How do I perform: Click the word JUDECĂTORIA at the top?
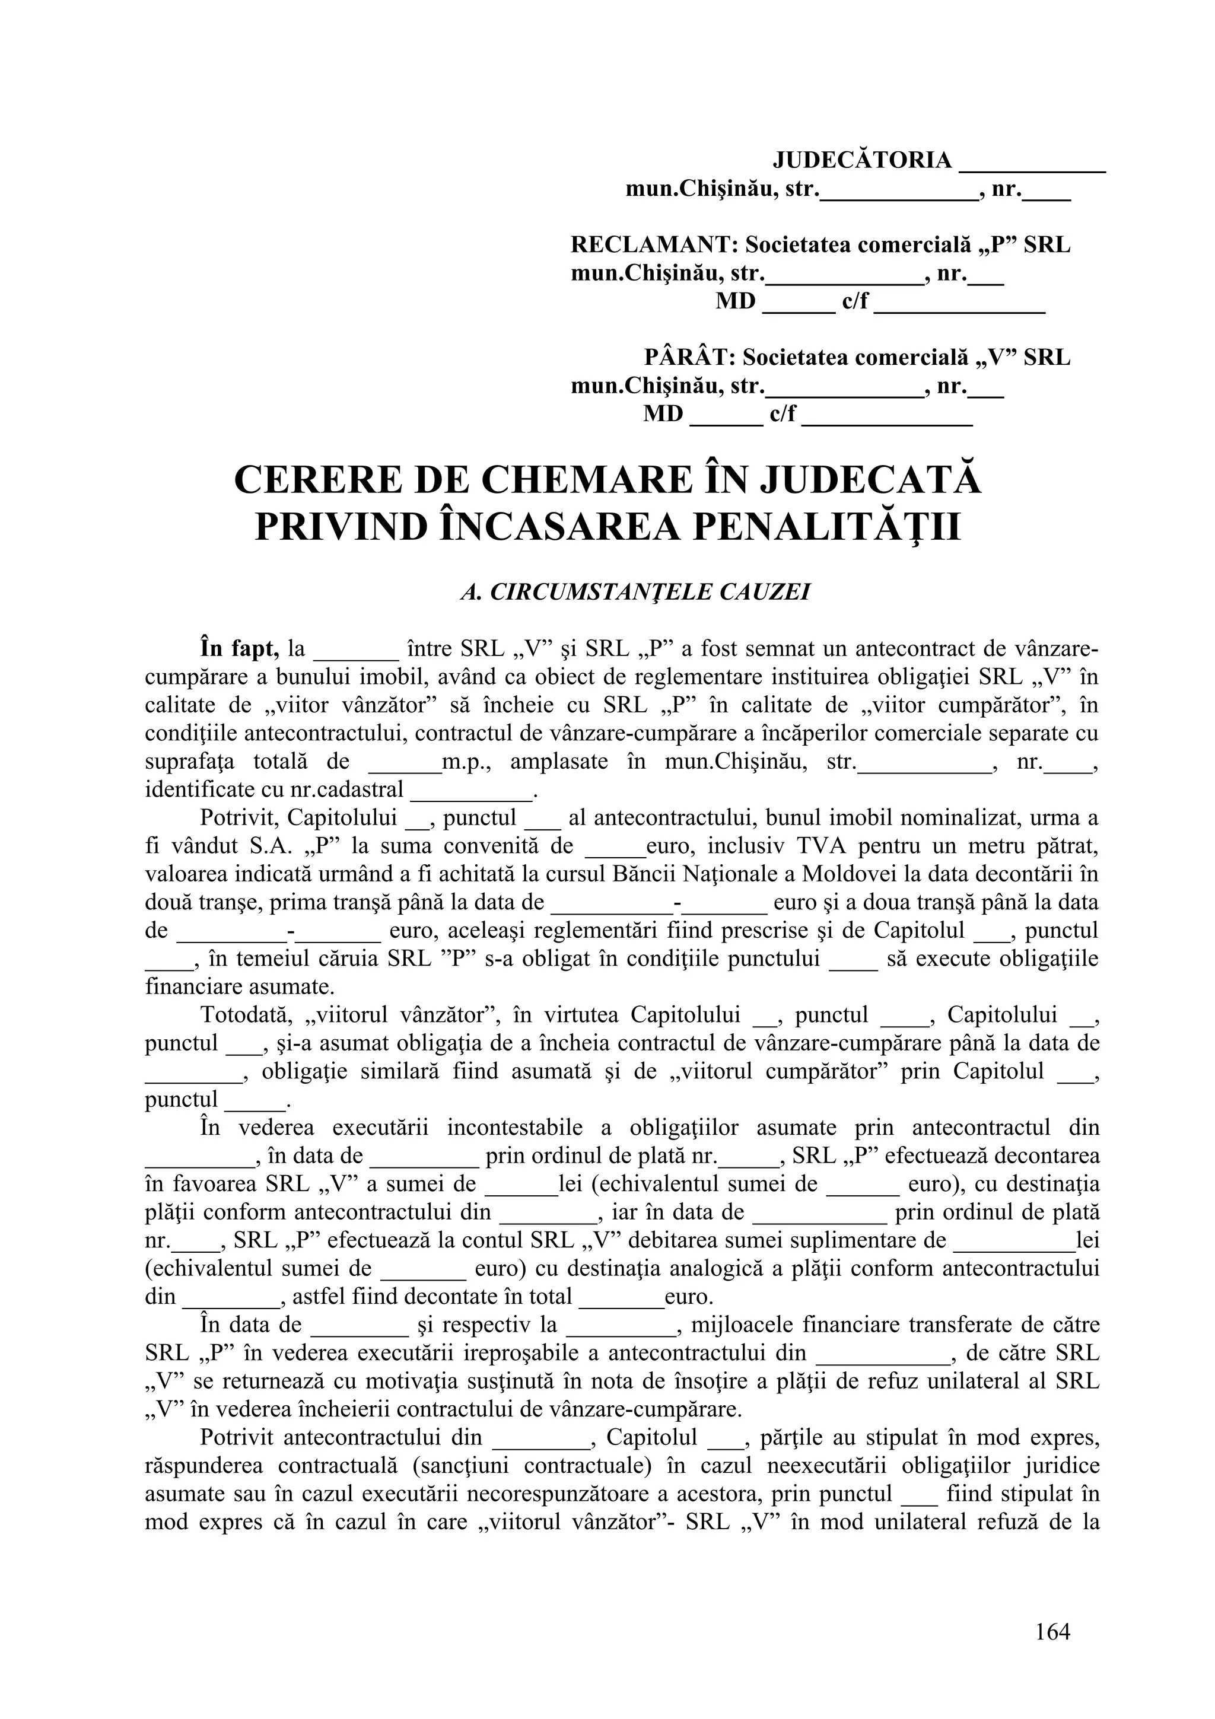pos(861,160)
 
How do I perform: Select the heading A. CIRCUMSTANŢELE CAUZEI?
pos(635,592)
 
